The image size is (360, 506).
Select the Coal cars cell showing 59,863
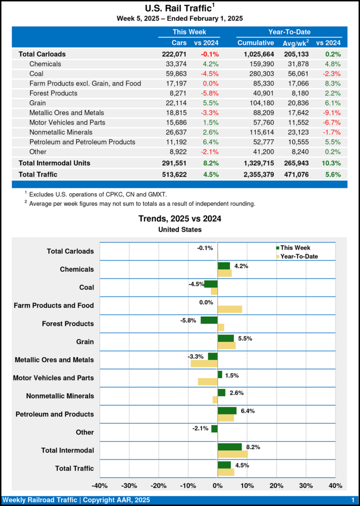coord(176,73)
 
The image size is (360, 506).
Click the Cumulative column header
coord(256,42)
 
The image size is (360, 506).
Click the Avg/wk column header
coord(295,43)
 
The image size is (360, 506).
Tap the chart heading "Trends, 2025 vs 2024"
coord(180,218)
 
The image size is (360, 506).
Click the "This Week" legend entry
coord(296,248)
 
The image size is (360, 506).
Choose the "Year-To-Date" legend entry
coord(299,256)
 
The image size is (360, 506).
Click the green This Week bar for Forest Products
coord(209,320)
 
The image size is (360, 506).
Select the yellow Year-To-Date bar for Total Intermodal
coord(232,454)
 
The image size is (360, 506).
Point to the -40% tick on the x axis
coord(100,486)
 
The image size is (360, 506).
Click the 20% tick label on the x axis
coord(276,486)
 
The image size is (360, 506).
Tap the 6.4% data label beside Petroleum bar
coord(247,411)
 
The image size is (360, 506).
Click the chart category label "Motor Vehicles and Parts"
coord(53,378)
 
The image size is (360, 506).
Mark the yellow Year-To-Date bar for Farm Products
coord(230,309)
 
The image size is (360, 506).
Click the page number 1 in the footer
coord(353,501)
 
